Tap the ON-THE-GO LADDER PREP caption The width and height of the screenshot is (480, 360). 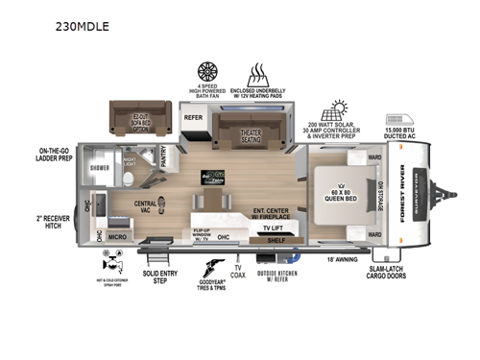[58, 156]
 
